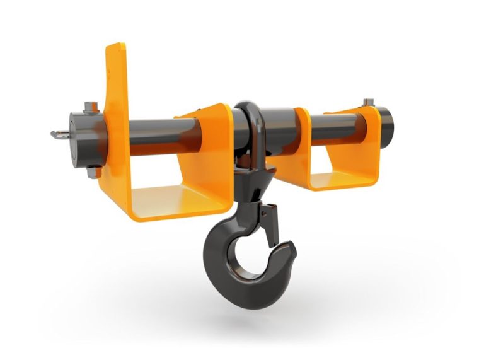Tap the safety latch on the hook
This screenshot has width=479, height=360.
click(x=270, y=224)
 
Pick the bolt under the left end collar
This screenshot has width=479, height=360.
click(x=92, y=171)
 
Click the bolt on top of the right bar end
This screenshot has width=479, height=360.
click(x=368, y=103)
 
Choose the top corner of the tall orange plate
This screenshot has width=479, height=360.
click(x=117, y=47)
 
